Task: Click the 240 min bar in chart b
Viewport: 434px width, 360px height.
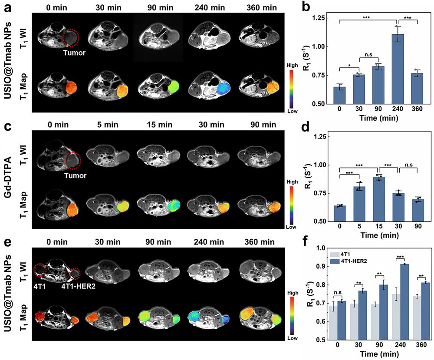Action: (398, 69)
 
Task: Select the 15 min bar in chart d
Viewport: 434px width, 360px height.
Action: (378, 199)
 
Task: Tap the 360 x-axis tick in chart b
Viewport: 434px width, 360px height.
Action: (417, 109)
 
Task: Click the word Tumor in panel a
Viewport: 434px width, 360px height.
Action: (74, 53)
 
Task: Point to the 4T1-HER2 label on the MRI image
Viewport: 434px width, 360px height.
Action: (78, 286)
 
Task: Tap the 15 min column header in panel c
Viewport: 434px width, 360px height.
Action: (159, 125)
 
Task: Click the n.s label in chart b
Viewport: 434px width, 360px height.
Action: (369, 55)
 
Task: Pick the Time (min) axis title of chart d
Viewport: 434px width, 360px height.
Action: (379, 235)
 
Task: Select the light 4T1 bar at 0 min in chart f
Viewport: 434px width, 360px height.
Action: (333, 323)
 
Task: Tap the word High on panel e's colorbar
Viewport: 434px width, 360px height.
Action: (293, 293)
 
